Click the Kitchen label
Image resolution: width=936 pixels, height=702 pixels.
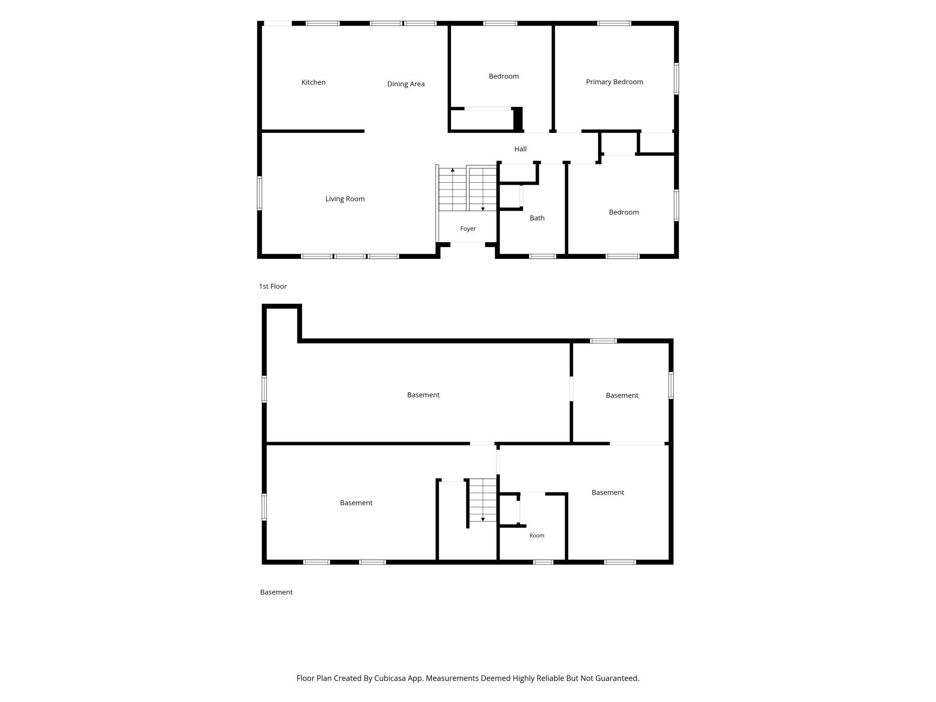tap(313, 82)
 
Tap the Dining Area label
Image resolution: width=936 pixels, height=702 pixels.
tap(406, 84)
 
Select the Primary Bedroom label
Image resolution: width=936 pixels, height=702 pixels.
tap(614, 82)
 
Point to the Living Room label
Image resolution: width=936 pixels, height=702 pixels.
tap(345, 199)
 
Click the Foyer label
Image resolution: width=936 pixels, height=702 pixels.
tap(468, 229)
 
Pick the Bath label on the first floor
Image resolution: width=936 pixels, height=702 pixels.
tap(537, 218)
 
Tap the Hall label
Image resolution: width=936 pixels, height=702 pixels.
tap(520, 149)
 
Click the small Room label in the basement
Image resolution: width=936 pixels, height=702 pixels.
tap(537, 535)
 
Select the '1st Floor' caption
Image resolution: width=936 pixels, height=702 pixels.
tap(273, 286)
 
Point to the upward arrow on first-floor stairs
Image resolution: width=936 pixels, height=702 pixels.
tap(453, 171)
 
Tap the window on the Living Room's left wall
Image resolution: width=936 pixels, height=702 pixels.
tap(260, 193)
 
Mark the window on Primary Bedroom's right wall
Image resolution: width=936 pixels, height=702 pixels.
tap(676, 79)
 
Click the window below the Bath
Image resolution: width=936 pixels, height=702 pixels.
tap(543, 256)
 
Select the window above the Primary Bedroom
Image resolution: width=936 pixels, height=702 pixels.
tap(614, 23)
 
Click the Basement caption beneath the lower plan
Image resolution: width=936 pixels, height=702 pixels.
tap(276, 592)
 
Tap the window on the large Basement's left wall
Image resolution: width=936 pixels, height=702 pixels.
tap(264, 389)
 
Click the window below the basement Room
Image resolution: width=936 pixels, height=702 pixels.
tap(543, 562)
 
